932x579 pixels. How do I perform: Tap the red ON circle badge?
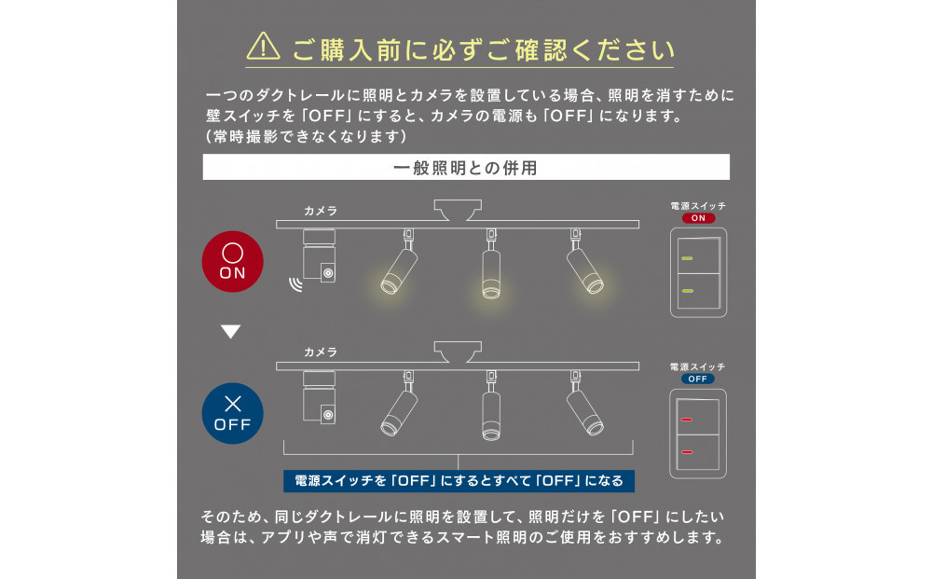232,262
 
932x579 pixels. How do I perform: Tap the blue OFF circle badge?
232,413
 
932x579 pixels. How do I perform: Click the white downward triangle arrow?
230,332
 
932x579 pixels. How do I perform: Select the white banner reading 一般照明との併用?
466,167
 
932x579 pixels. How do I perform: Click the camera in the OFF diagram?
320,397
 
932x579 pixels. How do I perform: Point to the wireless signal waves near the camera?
295,284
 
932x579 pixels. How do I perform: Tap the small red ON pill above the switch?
698,218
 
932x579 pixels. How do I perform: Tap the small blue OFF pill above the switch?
698,379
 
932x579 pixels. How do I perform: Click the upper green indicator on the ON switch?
687,258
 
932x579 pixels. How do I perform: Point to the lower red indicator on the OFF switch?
687,452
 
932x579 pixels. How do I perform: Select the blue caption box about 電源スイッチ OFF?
459,481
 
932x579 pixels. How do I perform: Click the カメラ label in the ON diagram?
321,211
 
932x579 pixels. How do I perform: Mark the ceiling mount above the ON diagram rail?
458,210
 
